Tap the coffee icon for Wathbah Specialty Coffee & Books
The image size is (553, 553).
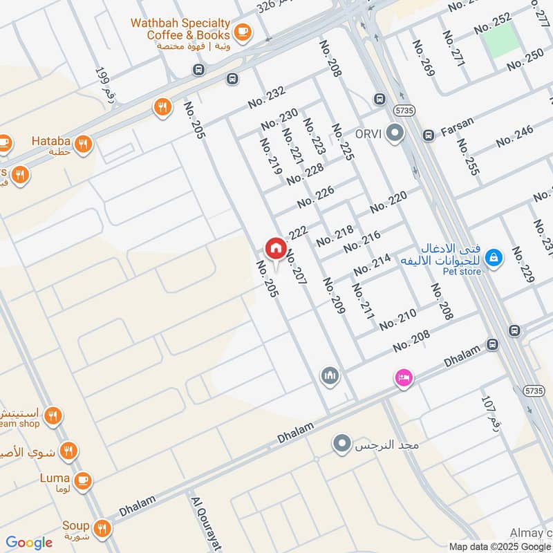pyautogui.click(x=242, y=31)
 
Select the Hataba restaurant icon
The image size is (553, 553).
pyautogui.click(x=84, y=144)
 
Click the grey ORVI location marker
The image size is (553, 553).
pyautogui.click(x=395, y=133)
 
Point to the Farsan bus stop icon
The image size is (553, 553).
pyautogui.click(x=429, y=134)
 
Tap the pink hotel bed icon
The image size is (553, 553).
pyautogui.click(x=404, y=377)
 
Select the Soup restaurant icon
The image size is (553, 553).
pyautogui.click(x=103, y=527)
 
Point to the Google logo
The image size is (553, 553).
pyautogui.click(x=29, y=543)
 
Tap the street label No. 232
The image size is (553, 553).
pyautogui.click(x=266, y=97)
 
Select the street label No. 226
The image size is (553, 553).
pyautogui.click(x=316, y=197)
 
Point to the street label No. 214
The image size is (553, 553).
pyautogui.click(x=372, y=265)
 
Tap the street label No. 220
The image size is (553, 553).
pyautogui.click(x=388, y=203)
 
